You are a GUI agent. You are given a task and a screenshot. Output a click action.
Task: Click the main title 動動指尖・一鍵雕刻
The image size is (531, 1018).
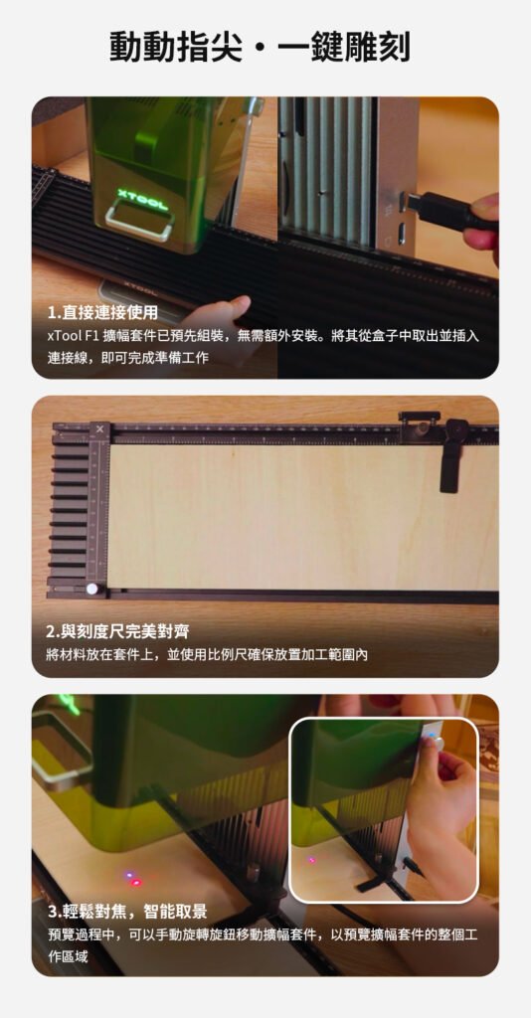[260, 48]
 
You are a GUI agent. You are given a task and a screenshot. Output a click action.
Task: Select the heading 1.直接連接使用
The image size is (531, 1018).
[102, 313]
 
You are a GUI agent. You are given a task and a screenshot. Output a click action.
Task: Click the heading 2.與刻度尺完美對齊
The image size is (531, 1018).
[117, 631]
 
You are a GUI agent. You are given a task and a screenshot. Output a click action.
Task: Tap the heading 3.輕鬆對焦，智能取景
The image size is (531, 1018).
[127, 913]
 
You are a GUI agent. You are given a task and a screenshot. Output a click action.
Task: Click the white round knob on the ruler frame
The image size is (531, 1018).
[92, 590]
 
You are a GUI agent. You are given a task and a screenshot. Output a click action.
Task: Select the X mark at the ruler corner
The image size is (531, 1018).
[99, 429]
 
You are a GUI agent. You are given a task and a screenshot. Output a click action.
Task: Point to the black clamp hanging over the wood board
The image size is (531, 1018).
[450, 454]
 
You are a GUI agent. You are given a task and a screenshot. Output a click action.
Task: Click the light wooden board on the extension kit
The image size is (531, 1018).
[303, 516]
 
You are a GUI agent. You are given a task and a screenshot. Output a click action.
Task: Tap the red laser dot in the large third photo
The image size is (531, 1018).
[135, 883]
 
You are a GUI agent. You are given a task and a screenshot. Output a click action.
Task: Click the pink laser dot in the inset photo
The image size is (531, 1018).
[311, 860]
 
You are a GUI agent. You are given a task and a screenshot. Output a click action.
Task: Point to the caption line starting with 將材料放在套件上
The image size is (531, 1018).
[207, 654]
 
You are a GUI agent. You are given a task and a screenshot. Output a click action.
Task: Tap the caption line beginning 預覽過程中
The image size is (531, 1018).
[263, 935]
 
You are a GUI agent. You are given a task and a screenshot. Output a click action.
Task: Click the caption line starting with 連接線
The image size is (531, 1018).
[128, 358]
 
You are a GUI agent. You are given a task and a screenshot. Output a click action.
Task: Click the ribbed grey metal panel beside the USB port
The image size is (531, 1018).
[328, 171]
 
